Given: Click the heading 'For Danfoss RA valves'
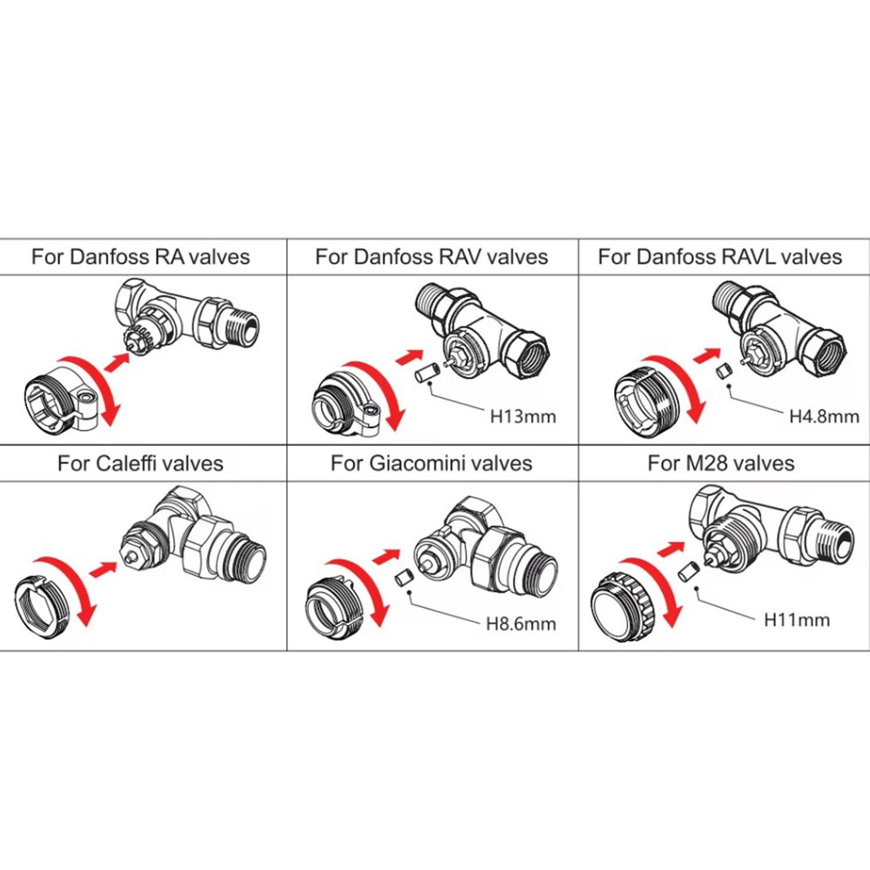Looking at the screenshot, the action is [140, 257].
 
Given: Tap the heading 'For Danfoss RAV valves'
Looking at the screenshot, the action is [431, 257].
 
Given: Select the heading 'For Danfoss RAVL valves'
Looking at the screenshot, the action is [719, 257].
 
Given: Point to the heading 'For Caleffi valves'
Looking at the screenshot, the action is [140, 464].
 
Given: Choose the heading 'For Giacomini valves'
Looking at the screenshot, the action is [431, 464].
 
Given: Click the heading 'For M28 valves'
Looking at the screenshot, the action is [721, 464].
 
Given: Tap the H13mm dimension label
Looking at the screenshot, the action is [523, 416].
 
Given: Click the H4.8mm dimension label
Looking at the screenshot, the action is [824, 416].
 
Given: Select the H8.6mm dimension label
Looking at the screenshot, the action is [521, 624].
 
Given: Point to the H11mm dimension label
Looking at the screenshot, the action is [797, 620].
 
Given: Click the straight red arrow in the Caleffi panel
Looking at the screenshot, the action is [103, 569].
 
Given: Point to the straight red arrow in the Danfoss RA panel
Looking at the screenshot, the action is [117, 363].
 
